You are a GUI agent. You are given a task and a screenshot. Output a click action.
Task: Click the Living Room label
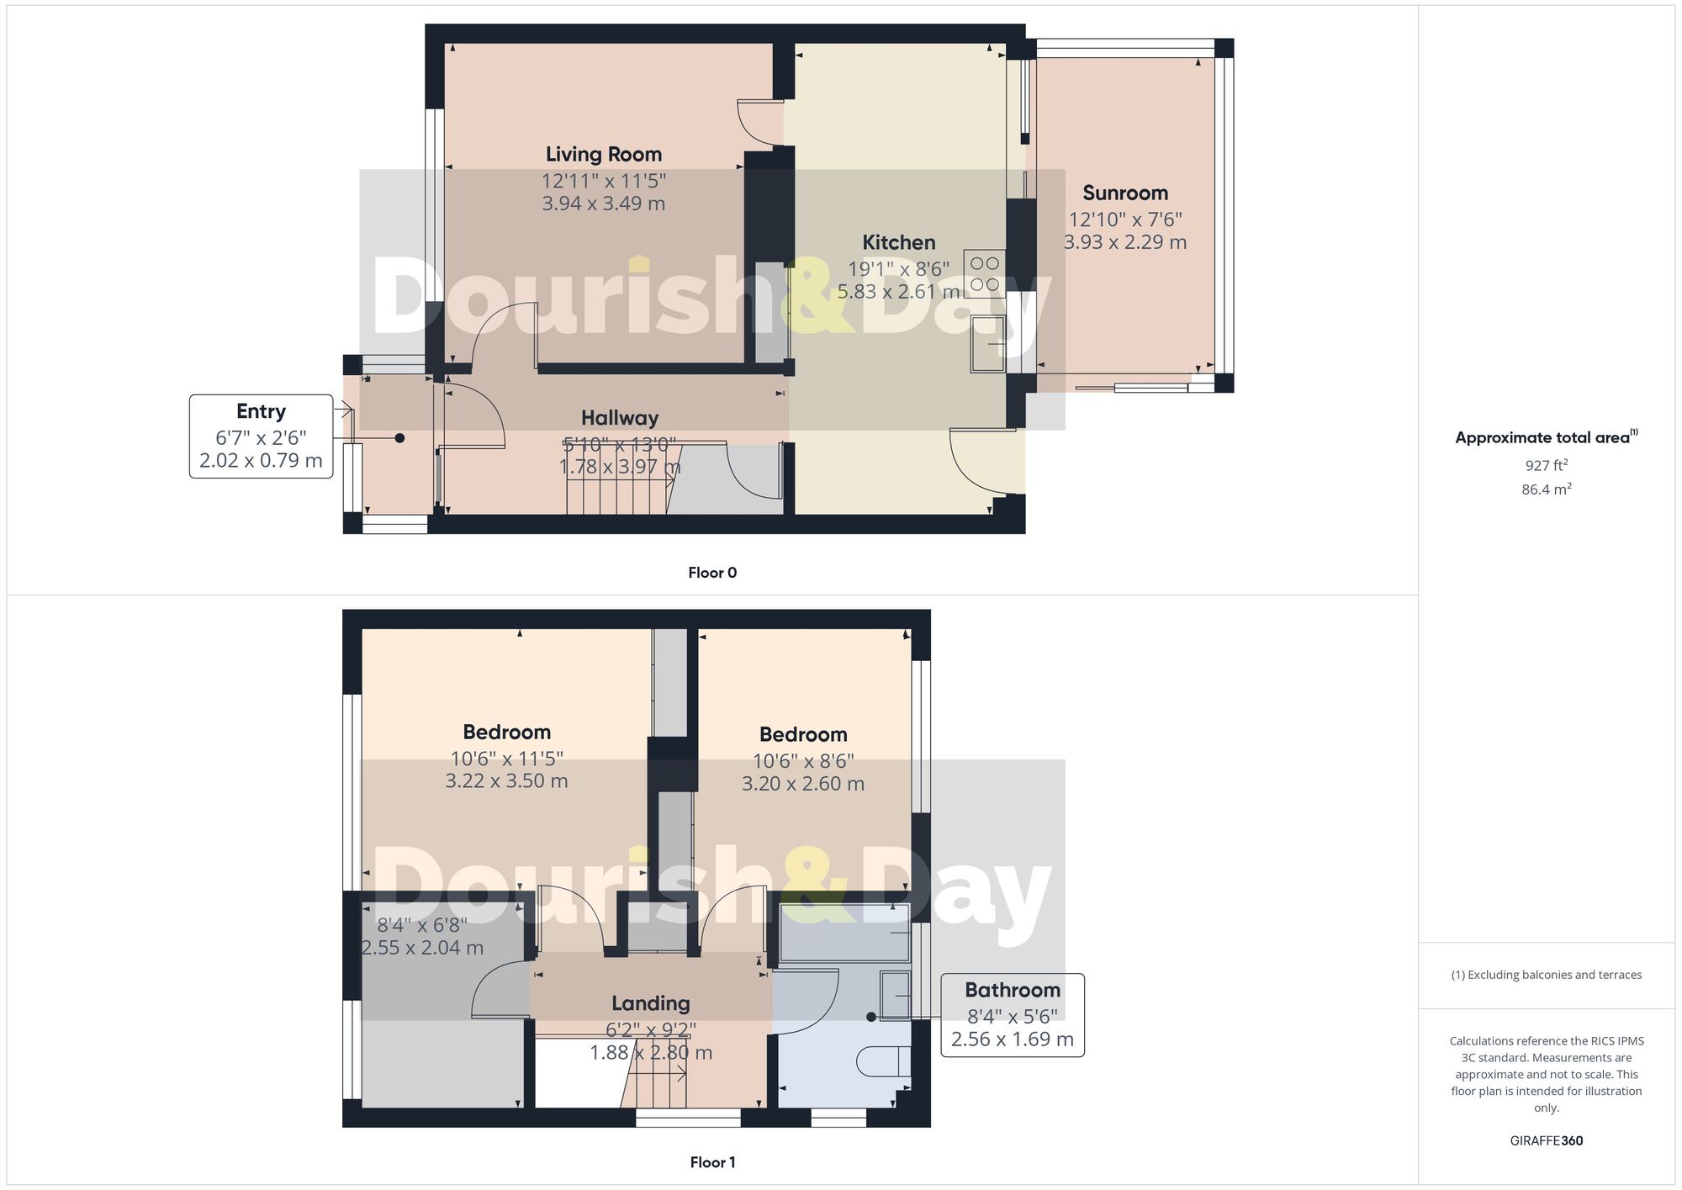coord(603,154)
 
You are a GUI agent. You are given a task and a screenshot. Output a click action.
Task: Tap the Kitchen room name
coord(898,242)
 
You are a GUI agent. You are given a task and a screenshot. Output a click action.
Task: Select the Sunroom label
coord(1124,193)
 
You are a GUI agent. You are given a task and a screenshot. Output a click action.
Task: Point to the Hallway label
coord(620,418)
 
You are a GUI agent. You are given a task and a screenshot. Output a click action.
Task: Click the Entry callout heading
coord(261,411)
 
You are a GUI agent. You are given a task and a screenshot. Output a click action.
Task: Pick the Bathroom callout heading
coord(1012,990)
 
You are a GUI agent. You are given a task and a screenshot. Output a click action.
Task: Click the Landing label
coord(650,1003)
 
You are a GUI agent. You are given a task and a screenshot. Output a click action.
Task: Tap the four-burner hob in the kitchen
coord(984,274)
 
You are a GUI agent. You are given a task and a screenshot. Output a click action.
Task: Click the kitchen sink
coord(987,343)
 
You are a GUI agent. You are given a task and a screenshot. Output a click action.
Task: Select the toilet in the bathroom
coord(883,1062)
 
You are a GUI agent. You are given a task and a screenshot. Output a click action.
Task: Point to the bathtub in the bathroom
coord(844,933)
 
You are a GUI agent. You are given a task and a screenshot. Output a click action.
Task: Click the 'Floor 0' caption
coord(712,573)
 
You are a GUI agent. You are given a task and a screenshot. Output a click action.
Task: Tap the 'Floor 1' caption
coord(712,1162)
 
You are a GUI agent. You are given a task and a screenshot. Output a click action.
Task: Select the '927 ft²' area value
coord(1546,465)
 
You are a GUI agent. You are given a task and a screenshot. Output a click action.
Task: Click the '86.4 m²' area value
coord(1546,489)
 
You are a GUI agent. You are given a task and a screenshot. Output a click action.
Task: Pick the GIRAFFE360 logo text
coord(1546,1140)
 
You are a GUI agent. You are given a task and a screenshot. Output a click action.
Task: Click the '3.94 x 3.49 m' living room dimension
coord(603,204)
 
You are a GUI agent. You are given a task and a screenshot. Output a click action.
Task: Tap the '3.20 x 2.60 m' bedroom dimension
coord(802,784)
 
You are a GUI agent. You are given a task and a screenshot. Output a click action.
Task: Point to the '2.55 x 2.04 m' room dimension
coord(422,948)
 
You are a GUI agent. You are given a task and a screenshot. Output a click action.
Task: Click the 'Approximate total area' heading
coord(1543,437)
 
